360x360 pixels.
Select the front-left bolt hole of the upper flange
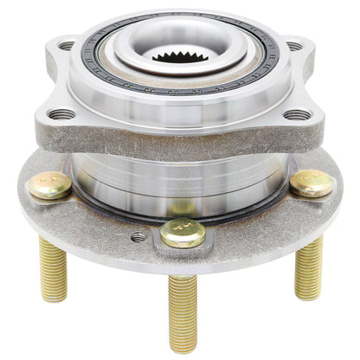point(61,113)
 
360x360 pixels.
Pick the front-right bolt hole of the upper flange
point(297,113)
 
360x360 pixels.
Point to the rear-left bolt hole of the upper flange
point(67,46)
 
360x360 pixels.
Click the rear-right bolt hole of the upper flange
point(294,46)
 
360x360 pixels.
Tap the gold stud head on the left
point(50,184)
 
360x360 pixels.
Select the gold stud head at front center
point(183,232)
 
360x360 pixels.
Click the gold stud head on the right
point(311,181)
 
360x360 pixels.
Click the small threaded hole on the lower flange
point(138,236)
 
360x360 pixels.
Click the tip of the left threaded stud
point(56,296)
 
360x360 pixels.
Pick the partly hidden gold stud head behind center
point(182,208)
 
